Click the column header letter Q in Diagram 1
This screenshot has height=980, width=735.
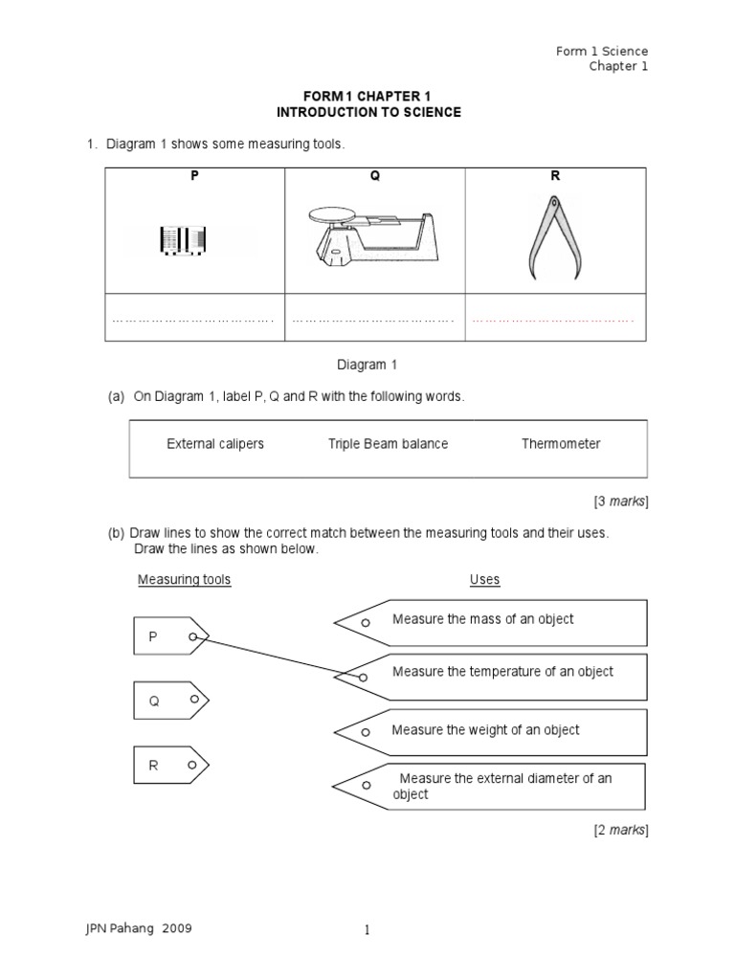(375, 177)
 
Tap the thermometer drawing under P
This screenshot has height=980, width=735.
(183, 240)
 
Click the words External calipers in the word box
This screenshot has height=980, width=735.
(215, 444)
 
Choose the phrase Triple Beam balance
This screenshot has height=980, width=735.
(388, 444)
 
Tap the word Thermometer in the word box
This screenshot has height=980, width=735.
(561, 444)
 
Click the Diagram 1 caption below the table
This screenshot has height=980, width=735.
(367, 365)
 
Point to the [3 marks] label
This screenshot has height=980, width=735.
(620, 501)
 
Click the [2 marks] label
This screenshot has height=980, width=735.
(620, 830)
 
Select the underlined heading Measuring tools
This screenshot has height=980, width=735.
(185, 579)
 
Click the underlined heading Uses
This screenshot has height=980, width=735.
(484, 579)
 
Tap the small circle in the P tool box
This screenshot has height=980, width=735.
(193, 636)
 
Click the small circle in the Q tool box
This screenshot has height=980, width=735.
(193, 700)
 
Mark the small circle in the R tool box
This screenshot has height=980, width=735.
(193, 766)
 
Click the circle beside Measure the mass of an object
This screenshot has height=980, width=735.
(365, 623)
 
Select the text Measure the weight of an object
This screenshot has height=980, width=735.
(485, 730)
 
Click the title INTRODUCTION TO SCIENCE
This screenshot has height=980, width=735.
(368, 112)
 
